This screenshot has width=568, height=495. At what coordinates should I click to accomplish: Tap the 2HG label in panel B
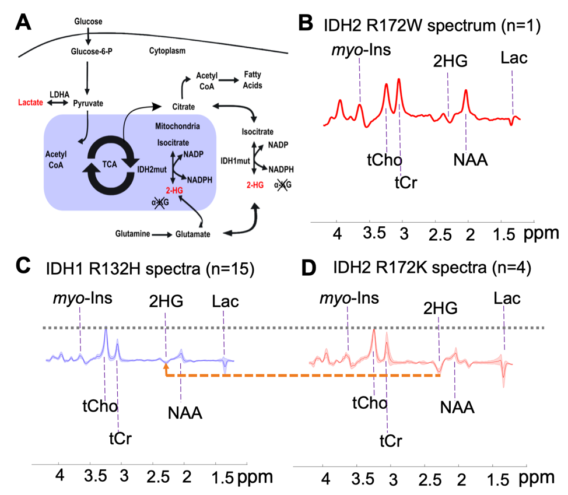tap(450, 60)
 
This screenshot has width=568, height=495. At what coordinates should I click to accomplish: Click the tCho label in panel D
tap(369, 402)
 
